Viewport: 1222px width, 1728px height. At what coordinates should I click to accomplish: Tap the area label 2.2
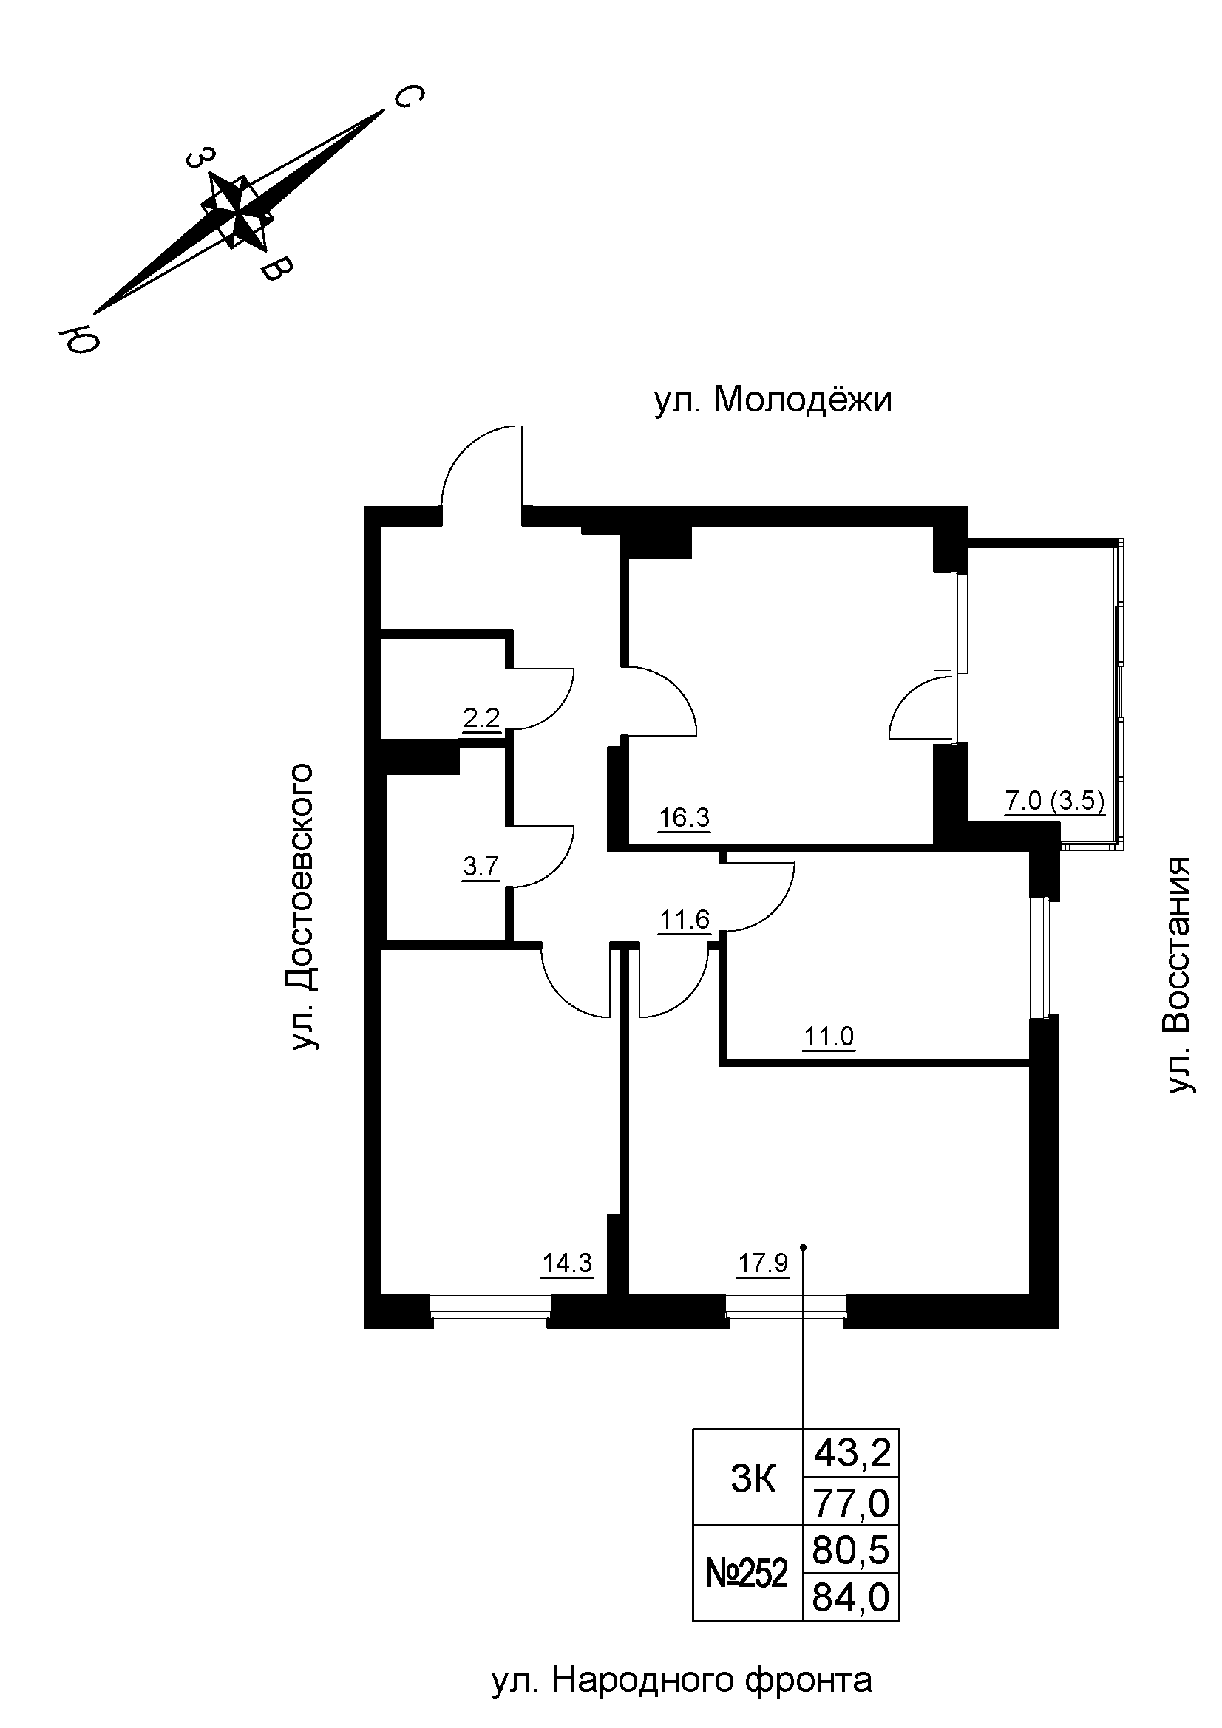481,718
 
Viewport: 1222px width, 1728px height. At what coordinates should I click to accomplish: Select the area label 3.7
481,867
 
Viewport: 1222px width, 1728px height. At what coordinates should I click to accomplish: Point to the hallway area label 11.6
685,919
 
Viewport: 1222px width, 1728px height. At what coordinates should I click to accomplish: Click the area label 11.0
828,1037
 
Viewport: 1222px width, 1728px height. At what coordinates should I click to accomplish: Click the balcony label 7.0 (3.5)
1055,800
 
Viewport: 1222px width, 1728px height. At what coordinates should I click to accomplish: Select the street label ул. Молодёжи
773,400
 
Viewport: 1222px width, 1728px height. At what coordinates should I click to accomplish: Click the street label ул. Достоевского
300,907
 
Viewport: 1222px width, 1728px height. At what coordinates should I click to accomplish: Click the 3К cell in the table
753,1480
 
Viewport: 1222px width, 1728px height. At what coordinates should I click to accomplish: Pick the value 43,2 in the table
852,1453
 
